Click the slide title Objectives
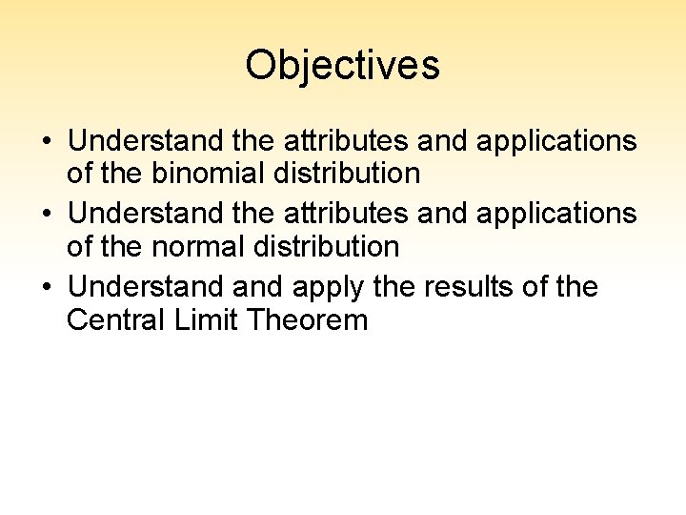click(342, 65)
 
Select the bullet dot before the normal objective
click(47, 215)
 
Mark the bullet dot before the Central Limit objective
click(47, 287)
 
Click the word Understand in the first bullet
click(146, 140)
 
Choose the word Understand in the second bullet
click(146, 213)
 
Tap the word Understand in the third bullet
click(146, 286)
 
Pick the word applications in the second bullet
click(555, 215)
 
